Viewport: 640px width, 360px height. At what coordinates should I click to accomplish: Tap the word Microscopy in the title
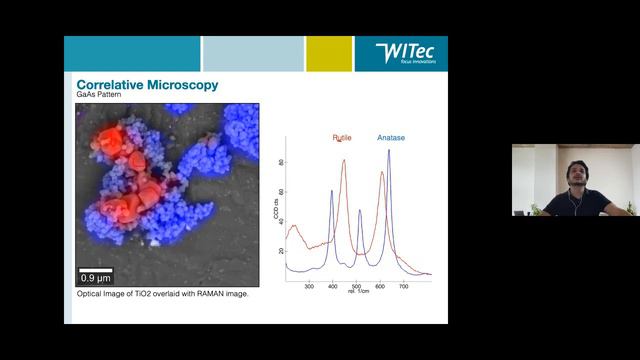coord(184,86)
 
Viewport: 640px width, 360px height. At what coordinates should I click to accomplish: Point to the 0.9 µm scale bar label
coord(96,276)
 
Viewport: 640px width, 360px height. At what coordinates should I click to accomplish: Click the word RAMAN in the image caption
coord(194,295)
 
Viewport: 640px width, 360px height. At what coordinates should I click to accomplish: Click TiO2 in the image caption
coord(140,295)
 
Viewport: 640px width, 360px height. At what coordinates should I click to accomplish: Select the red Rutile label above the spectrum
coord(343,138)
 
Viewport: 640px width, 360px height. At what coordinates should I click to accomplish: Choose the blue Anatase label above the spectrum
coord(391,138)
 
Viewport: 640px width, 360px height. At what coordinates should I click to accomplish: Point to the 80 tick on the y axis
coord(281,162)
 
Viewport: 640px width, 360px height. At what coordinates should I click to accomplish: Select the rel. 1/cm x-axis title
coord(357,292)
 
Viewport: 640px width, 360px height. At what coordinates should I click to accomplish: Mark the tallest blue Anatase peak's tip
coord(388,151)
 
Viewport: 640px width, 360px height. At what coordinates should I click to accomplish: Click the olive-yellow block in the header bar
coord(328,54)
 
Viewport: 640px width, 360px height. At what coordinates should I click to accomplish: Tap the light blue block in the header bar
coord(252,54)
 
